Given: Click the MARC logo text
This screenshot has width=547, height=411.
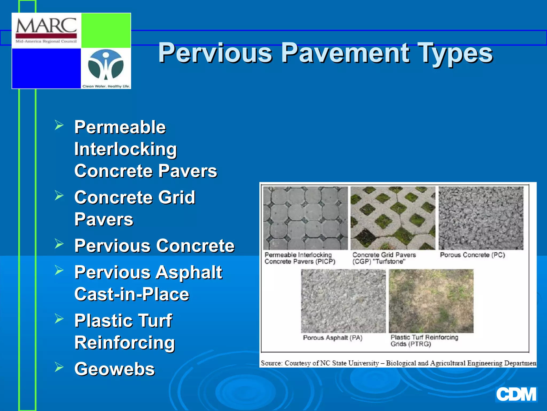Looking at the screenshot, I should coord(46,26).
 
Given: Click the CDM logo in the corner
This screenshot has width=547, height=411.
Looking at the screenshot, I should coord(516,394).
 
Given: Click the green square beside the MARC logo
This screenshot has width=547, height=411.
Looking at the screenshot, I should coord(106,30).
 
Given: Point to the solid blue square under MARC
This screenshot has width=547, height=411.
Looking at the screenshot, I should coord(46,68).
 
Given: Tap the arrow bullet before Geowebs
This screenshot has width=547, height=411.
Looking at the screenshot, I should coord(59,367).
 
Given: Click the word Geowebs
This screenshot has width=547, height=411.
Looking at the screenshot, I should coord(115,369).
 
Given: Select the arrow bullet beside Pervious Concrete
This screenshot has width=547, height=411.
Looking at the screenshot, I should coord(59,244).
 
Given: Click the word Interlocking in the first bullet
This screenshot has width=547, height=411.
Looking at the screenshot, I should coord(126,149).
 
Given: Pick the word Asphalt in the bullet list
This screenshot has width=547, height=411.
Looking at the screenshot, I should coord(189,272).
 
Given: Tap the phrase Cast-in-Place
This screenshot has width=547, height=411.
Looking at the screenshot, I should coord(132,294).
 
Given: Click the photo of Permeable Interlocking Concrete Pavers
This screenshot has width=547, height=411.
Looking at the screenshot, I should coord(305,218).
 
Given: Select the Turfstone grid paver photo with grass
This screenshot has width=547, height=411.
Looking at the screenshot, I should coord(393,218).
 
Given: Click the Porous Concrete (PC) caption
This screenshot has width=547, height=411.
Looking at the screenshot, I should coord(472,255).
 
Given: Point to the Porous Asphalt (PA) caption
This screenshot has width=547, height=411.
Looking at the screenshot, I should coord(333,338).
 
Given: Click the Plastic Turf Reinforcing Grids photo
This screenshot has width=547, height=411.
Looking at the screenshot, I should coord(431,301).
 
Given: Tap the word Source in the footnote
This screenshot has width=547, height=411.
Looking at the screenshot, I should coord(271,363).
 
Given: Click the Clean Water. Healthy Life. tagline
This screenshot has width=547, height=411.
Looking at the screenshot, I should coord(106,86).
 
